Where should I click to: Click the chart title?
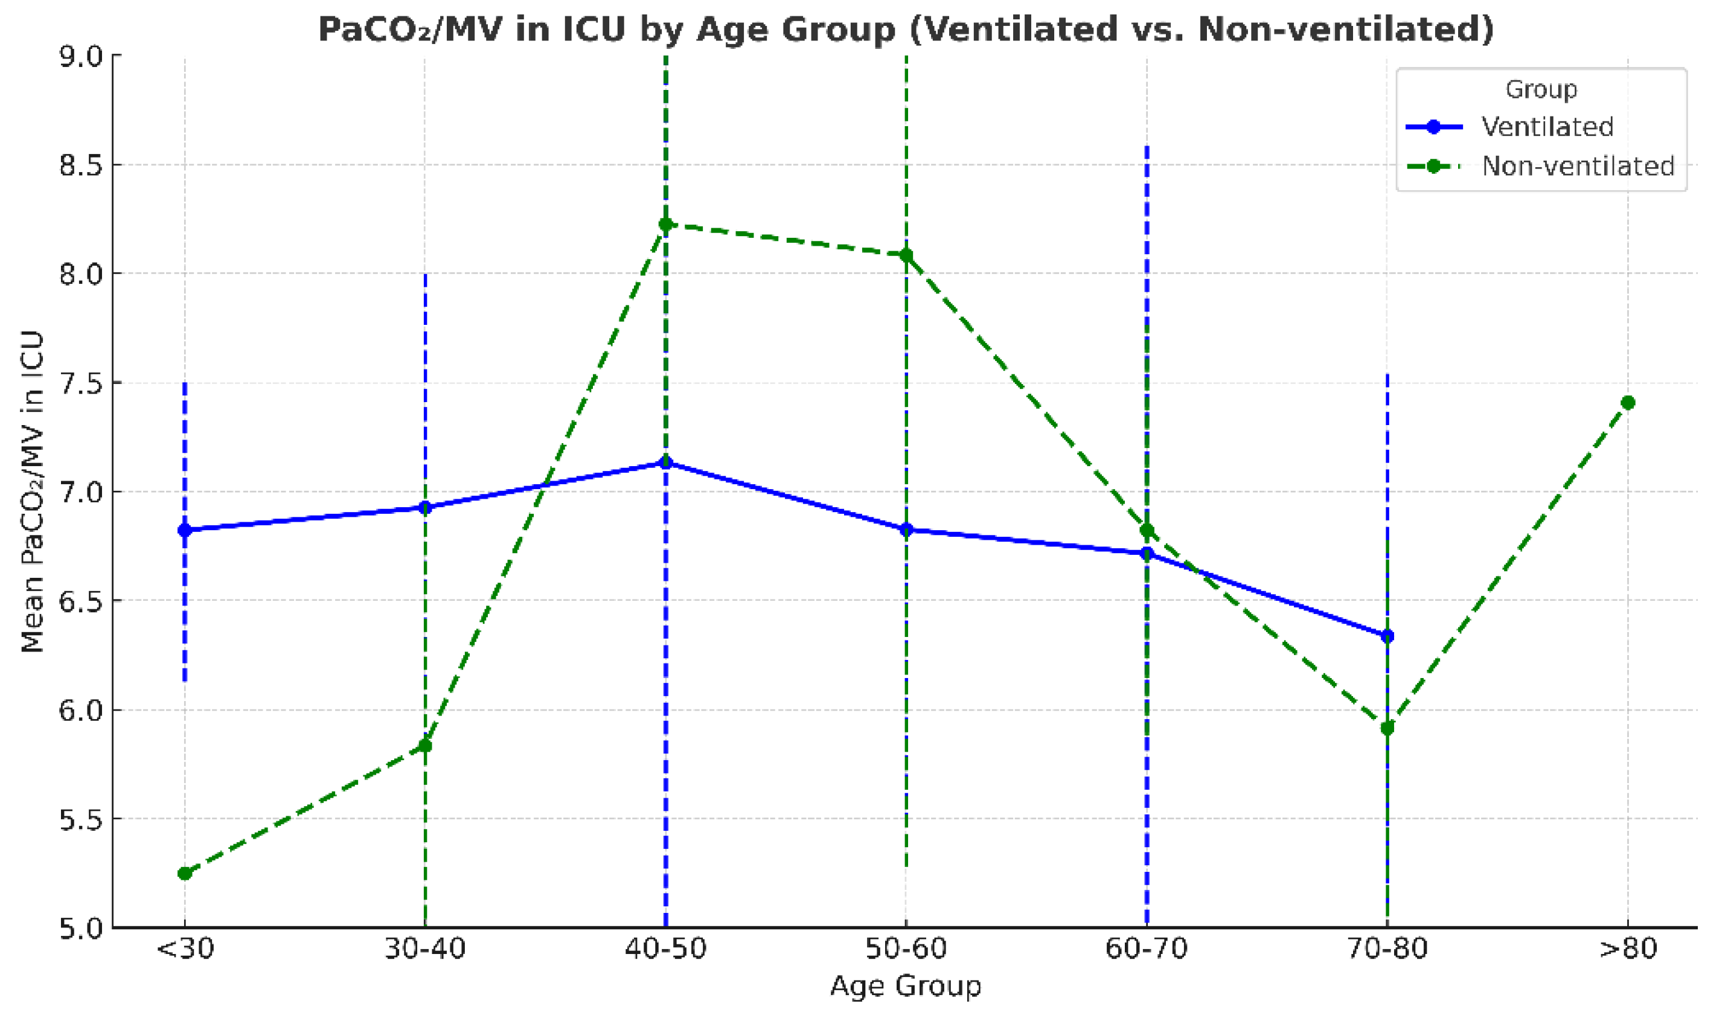tap(905, 30)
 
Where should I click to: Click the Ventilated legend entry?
tap(1546, 127)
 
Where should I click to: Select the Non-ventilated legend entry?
tap(1576, 166)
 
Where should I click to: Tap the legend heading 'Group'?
tap(1541, 89)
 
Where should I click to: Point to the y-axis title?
tap(33, 491)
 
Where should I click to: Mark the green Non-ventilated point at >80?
tap(1628, 403)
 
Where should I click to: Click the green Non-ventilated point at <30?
tap(184, 873)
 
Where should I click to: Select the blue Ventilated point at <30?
tap(184, 530)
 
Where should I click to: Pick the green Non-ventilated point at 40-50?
tap(665, 224)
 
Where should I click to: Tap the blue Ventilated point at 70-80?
tap(1387, 636)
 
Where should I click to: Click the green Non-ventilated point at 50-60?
tap(906, 255)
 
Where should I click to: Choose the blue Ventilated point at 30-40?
tap(425, 508)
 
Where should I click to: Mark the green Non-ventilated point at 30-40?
tap(425, 745)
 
